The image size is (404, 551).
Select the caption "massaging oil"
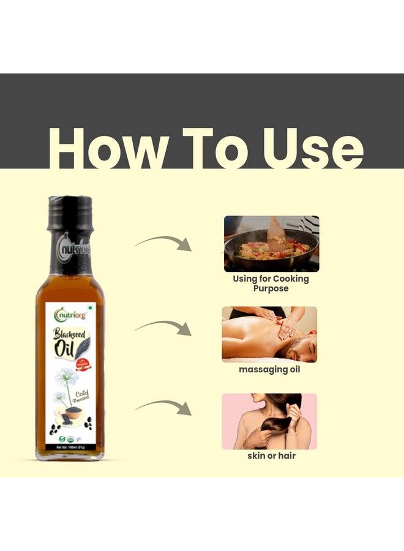pyautogui.click(x=269, y=370)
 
